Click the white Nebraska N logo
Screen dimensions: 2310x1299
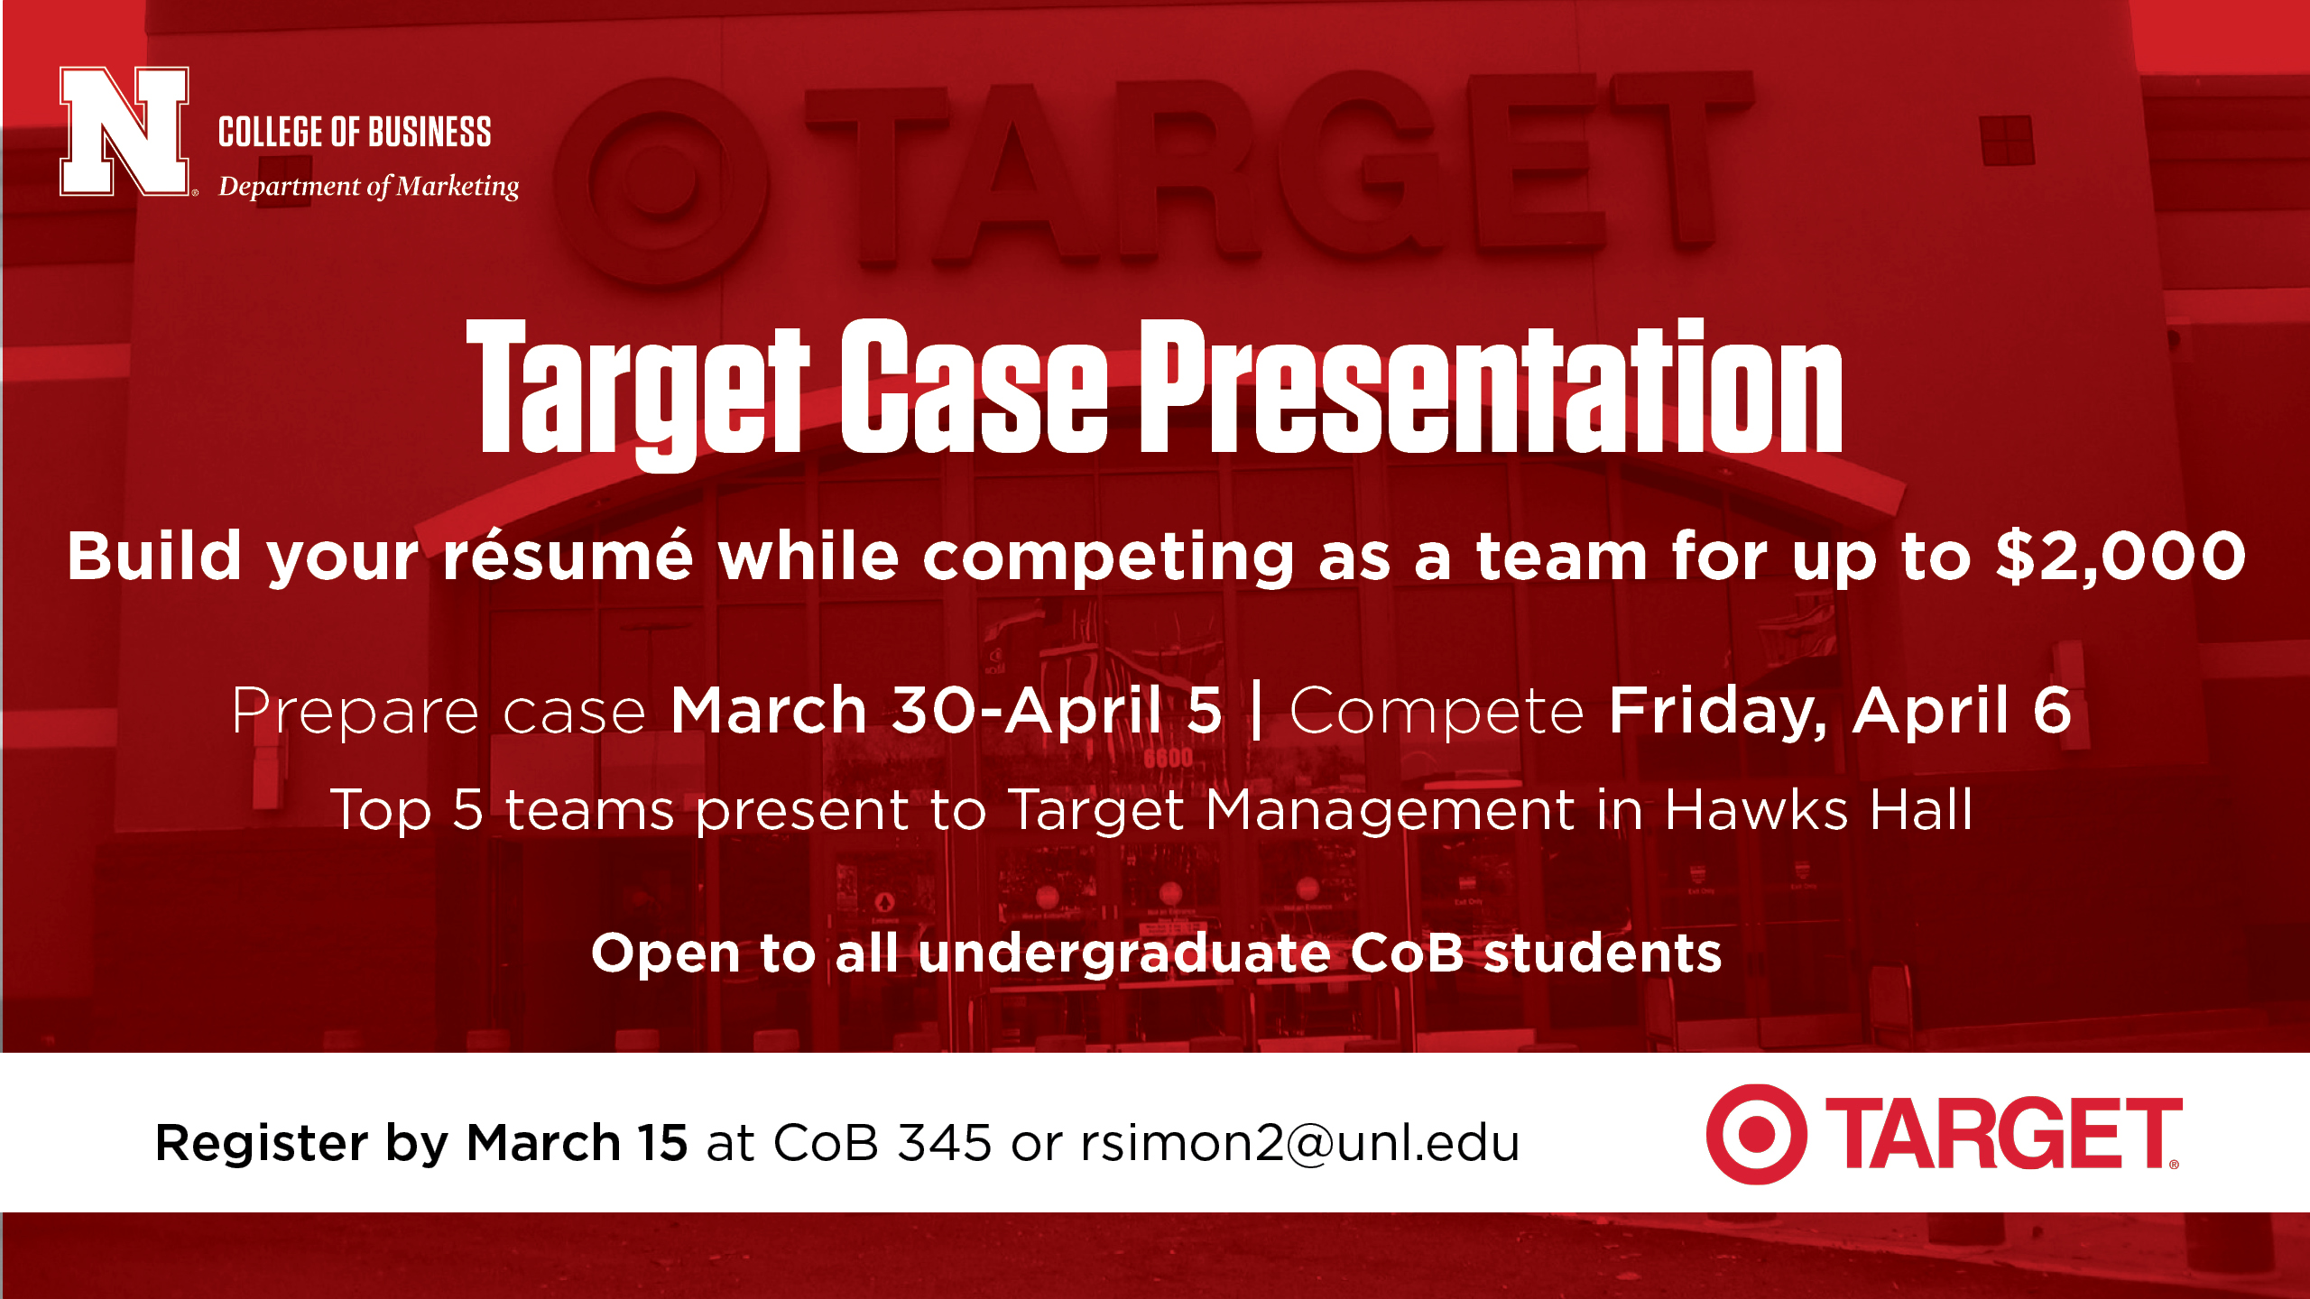125,131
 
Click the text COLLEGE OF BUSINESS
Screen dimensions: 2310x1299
355,132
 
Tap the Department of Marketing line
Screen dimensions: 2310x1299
369,186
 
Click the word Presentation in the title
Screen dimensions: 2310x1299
1492,387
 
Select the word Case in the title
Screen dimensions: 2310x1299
975,387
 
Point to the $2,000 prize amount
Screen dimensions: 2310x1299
2121,557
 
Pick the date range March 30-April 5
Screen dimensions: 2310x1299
947,711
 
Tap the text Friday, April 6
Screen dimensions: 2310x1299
1840,711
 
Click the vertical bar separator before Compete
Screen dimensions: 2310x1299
1257,711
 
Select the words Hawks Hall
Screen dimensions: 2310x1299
1819,809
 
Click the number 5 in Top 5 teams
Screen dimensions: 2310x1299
467,809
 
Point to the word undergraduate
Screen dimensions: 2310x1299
1124,954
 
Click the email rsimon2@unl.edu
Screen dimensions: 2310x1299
1300,1143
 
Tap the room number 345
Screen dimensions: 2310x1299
945,1143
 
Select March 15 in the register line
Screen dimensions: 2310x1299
577,1143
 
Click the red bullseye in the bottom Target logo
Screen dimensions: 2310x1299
1756,1134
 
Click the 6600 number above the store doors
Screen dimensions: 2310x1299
1168,758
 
